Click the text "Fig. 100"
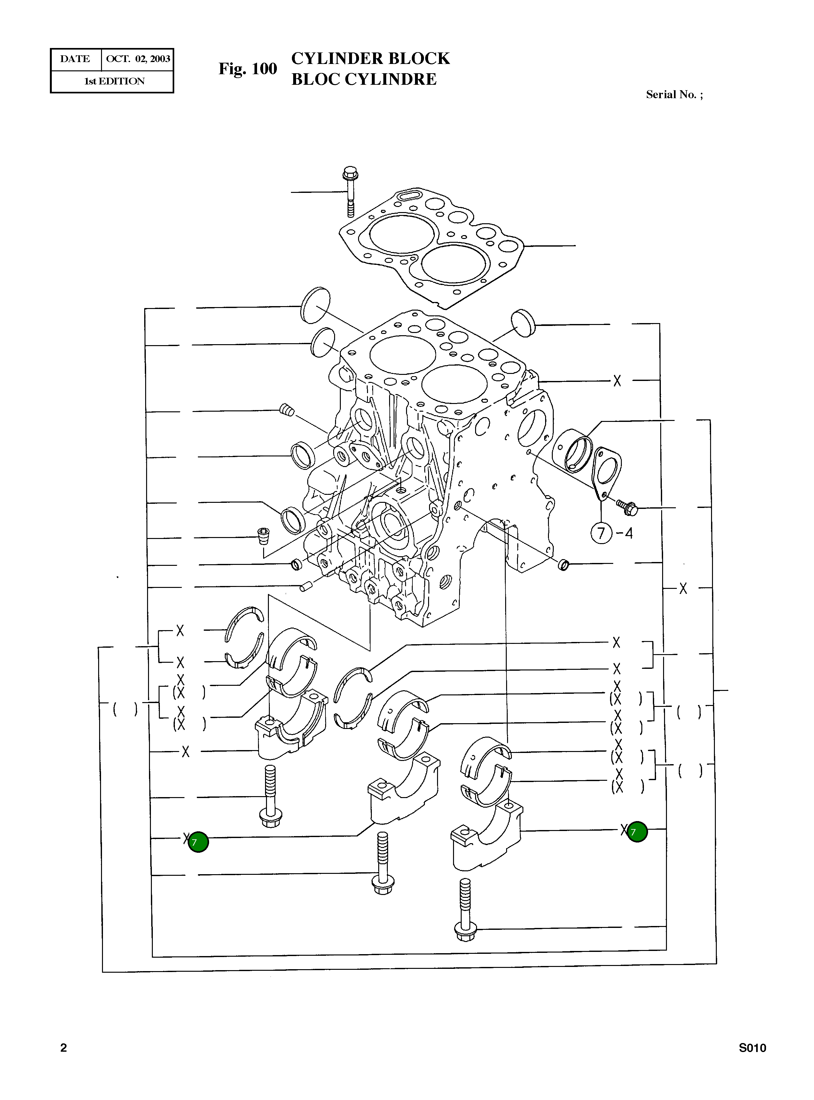pos(248,68)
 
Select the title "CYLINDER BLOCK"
pos(370,58)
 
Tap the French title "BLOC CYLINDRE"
pos(364,79)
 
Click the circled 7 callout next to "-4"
pos(601,533)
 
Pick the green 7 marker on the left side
pos(198,842)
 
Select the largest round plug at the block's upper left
pos(315,305)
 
